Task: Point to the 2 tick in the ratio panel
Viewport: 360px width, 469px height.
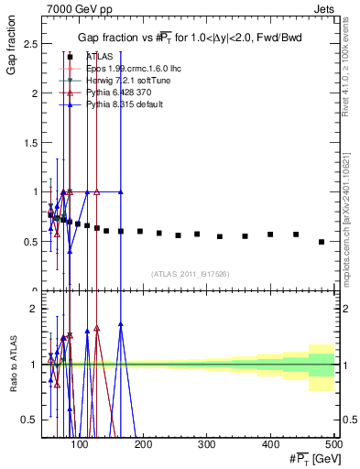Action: [35, 309]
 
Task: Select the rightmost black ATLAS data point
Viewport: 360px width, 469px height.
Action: [321, 242]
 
